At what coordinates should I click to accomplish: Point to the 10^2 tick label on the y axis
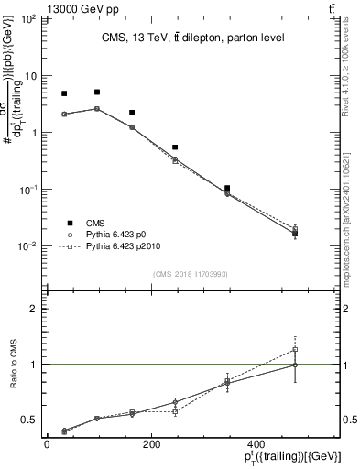pyautogui.click(x=29, y=18)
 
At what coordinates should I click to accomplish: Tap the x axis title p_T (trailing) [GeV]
pyautogui.click(x=294, y=457)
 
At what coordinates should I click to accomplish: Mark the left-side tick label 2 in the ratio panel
pyautogui.click(x=35, y=309)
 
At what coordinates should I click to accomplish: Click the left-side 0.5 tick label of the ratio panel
pyautogui.click(x=30, y=420)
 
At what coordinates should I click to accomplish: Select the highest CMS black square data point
pyautogui.click(x=97, y=93)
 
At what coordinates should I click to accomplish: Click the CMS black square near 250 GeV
pyautogui.click(x=175, y=147)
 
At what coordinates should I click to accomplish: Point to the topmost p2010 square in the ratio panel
pyautogui.click(x=295, y=349)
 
